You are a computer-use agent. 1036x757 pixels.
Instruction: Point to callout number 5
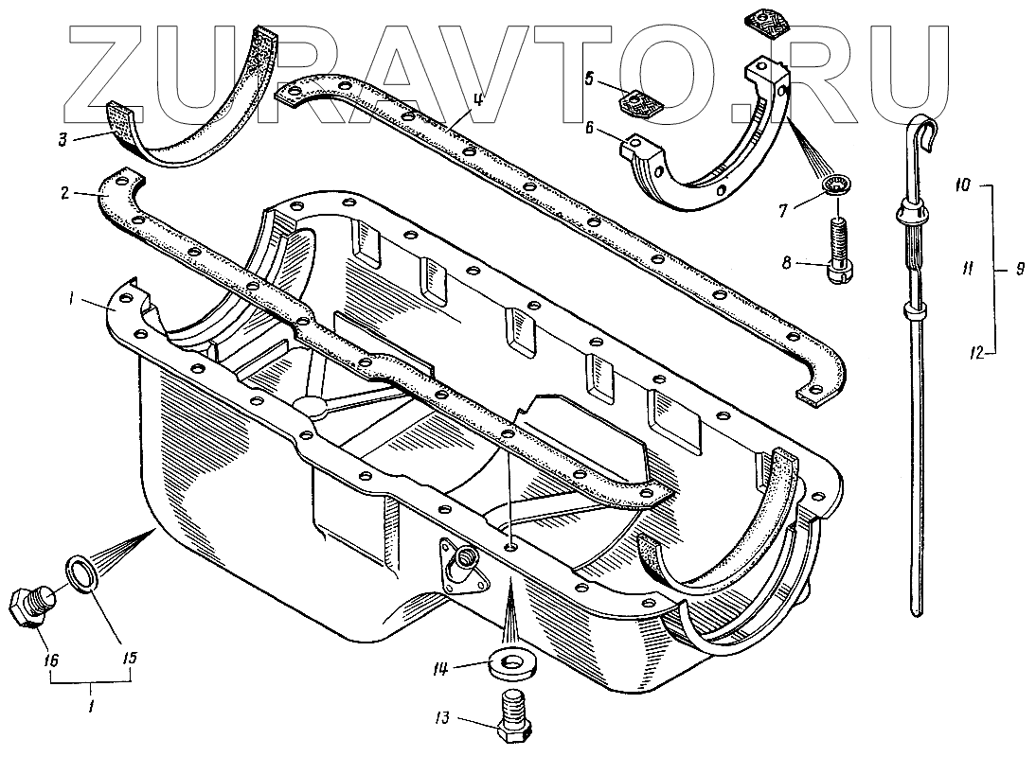[588, 79]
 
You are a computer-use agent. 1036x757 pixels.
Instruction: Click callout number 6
[589, 128]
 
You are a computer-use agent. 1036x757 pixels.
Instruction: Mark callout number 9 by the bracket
[1020, 270]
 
